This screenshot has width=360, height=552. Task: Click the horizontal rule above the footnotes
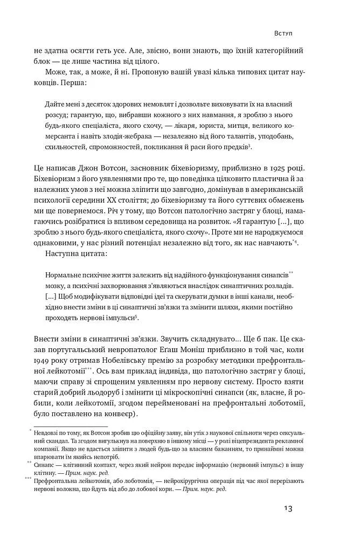coord(68,425)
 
